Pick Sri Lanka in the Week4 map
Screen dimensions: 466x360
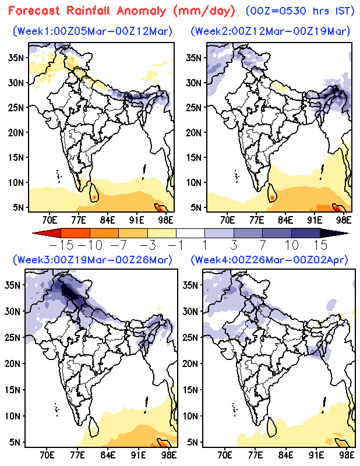point(271,427)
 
